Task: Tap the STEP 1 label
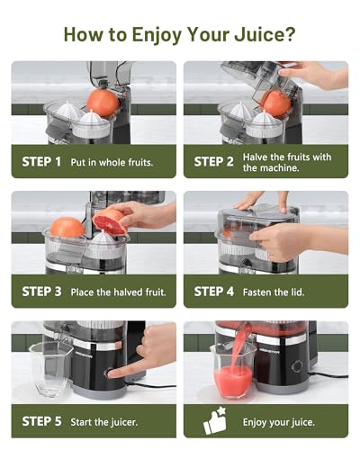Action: pyautogui.click(x=41, y=162)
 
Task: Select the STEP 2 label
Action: pyautogui.click(x=213, y=162)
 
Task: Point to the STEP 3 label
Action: pyautogui.click(x=41, y=292)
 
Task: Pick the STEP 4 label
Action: pyautogui.click(x=213, y=292)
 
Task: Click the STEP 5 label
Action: pyautogui.click(x=41, y=421)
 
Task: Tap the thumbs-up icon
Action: pyautogui.click(x=215, y=420)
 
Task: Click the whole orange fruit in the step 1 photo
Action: pyautogui.click(x=103, y=103)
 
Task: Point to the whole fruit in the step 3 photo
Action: pyautogui.click(x=67, y=228)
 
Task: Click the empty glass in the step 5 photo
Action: pyautogui.click(x=51, y=369)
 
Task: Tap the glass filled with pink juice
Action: pyautogui.click(x=233, y=372)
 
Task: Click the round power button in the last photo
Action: pyautogui.click(x=297, y=366)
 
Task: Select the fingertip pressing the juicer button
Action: pyautogui.click(x=111, y=373)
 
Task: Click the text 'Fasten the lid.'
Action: pyautogui.click(x=274, y=292)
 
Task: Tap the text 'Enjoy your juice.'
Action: pyautogui.click(x=279, y=422)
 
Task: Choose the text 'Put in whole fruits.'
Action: pyautogui.click(x=112, y=162)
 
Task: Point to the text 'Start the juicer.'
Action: pyautogui.click(x=103, y=422)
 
